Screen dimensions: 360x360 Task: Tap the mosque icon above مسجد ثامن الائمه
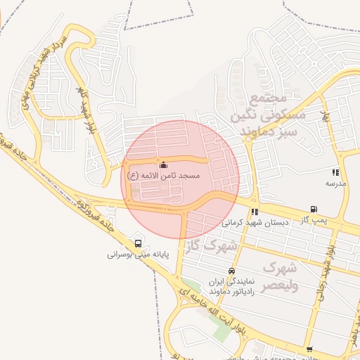[x=164, y=165]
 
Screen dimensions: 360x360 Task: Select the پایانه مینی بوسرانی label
[x=135, y=255]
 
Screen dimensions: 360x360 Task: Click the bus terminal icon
[x=135, y=245]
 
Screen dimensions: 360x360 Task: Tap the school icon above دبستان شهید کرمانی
[x=255, y=212]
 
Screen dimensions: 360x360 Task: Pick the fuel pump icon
[x=313, y=210]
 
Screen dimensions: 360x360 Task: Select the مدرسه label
[x=335, y=183]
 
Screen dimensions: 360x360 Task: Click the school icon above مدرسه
[x=336, y=172]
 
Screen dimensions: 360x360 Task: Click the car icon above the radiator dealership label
[x=231, y=271]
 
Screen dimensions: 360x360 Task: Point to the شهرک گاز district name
[x=212, y=246]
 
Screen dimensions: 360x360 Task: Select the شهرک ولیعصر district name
[x=280, y=277]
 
